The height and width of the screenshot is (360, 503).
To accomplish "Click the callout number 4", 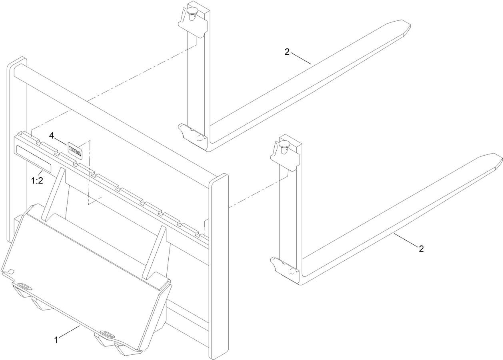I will point(52,136).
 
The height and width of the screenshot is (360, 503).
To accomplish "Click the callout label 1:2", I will point(37,181).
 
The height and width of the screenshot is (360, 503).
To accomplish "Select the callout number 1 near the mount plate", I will point(57,340).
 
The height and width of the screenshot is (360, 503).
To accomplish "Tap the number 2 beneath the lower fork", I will point(421,249).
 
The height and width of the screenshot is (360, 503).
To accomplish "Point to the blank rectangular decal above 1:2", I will point(34,159).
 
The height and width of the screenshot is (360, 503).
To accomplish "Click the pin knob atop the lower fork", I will point(284,145).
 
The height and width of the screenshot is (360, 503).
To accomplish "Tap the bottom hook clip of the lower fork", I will point(285,267).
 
